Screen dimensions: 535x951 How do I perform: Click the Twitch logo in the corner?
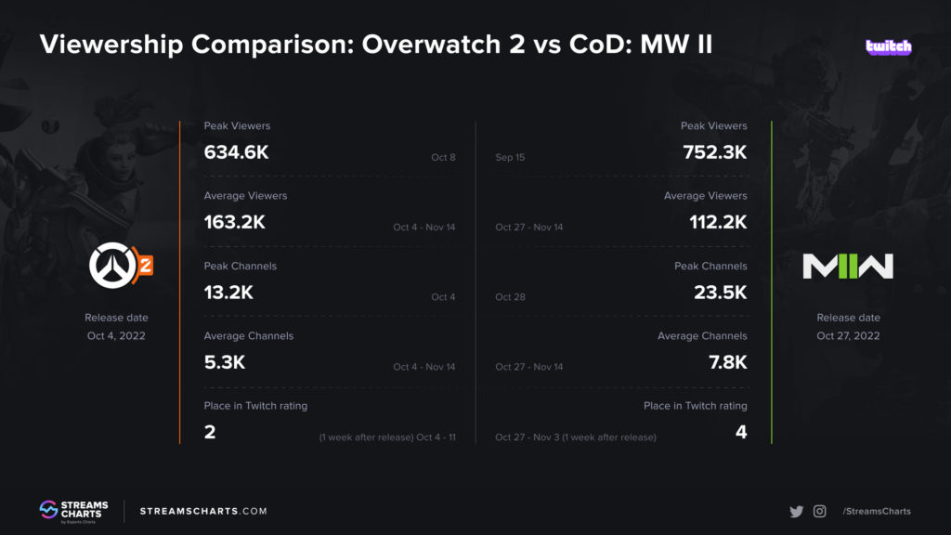coord(888,46)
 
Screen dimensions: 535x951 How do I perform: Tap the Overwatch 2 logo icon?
coord(120,267)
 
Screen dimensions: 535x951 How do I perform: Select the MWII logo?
coord(847,267)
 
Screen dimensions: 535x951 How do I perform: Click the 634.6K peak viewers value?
coord(236,152)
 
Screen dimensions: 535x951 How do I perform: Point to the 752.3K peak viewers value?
coord(714,152)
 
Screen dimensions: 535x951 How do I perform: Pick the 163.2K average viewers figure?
coord(234,222)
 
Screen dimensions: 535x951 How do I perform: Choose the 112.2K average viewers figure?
coord(715,222)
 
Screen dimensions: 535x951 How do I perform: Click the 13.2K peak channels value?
coord(228,293)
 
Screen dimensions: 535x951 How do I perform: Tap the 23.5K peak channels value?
coord(721,293)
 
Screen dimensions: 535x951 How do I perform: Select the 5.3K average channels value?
coord(224,362)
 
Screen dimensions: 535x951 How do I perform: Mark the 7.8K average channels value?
coord(727,362)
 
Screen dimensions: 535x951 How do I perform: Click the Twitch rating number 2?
coord(210,432)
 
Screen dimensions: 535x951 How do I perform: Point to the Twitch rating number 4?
coord(740,432)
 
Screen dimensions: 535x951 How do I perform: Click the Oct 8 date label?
coord(443,158)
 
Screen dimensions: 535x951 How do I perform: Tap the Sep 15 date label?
coord(510,158)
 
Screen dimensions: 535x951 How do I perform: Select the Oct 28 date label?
coord(510,297)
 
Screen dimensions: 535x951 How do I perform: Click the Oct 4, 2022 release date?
coord(116,335)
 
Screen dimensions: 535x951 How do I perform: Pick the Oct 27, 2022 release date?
coord(848,335)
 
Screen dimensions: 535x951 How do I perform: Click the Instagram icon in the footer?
coord(819,511)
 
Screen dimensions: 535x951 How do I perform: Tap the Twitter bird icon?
coord(796,511)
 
